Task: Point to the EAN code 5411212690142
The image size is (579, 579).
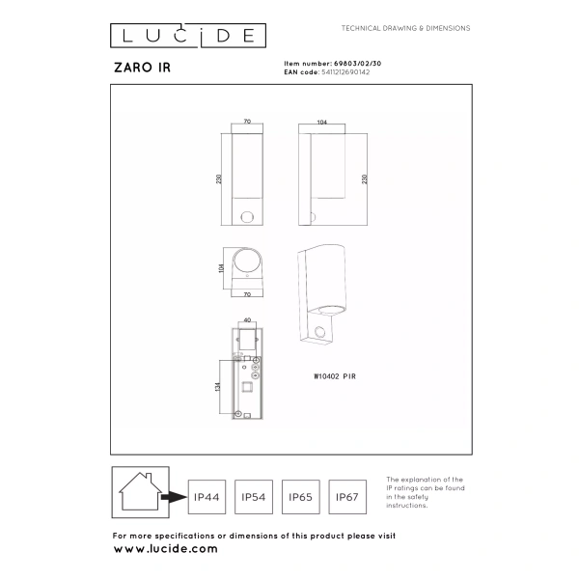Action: pyautogui.click(x=344, y=70)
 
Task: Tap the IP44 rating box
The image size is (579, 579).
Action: pyautogui.click(x=206, y=498)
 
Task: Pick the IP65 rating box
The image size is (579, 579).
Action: pyautogui.click(x=300, y=498)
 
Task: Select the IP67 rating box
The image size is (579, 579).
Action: pyautogui.click(x=347, y=498)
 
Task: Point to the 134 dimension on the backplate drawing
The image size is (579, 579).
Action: pyautogui.click(x=221, y=386)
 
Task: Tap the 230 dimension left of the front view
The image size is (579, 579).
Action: pyautogui.click(x=221, y=179)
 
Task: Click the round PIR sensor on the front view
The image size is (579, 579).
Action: pyautogui.click(x=248, y=215)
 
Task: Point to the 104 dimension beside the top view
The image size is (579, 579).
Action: pyautogui.click(x=221, y=266)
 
